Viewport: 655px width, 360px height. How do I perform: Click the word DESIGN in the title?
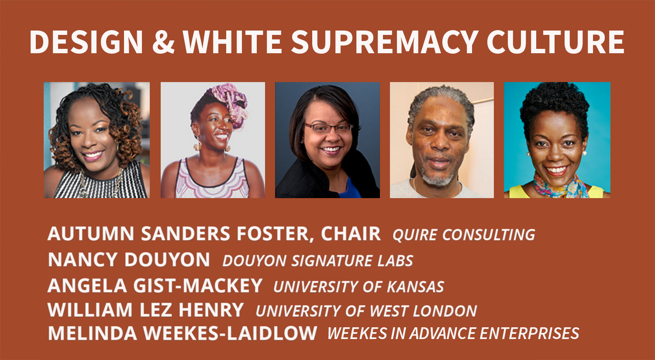tap(86, 42)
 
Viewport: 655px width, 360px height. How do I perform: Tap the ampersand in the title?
tap(163, 42)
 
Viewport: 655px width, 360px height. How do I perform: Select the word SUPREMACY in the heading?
tap(385, 42)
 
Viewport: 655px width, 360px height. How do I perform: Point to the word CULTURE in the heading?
tap(555, 42)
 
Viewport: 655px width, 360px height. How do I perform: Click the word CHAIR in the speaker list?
tap(351, 234)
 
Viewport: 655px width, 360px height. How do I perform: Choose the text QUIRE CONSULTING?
tap(464, 235)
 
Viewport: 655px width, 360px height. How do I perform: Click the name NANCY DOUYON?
tap(129, 260)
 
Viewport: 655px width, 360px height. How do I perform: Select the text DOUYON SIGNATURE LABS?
tap(317, 261)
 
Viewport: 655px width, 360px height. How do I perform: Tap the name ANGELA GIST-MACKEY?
tap(155, 285)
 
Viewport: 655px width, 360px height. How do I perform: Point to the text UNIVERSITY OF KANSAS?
tap(359, 287)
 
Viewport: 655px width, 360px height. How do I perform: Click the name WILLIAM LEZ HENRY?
tap(145, 310)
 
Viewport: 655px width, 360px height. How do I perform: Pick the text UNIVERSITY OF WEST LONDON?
tap(366, 311)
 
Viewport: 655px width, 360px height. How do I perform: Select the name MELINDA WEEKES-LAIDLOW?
tap(183, 333)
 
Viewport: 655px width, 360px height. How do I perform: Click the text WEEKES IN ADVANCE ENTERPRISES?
tap(453, 333)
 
